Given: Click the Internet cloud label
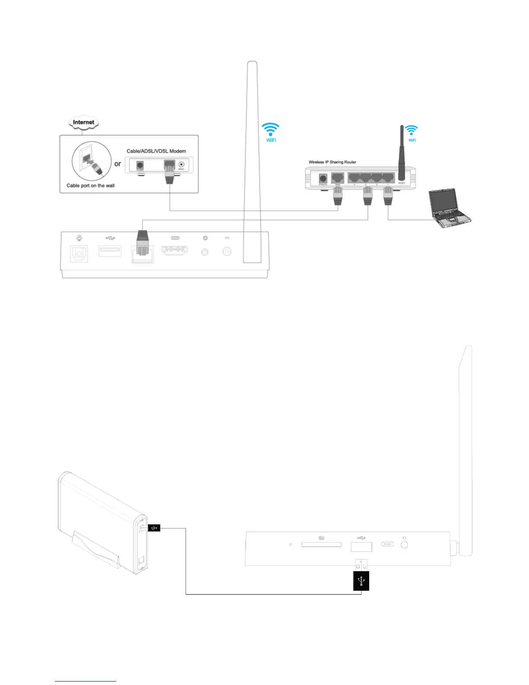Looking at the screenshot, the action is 83,122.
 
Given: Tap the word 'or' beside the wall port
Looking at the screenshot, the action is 118,164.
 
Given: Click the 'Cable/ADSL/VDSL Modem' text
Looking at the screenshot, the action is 156,151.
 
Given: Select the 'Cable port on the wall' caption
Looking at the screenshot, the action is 90,186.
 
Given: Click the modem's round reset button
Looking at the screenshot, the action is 181,164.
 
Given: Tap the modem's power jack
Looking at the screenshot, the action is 140,165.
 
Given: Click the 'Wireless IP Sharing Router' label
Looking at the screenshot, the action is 332,162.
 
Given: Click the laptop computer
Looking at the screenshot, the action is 448,208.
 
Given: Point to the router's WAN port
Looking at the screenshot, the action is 337,178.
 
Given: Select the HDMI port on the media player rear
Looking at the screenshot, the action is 175,250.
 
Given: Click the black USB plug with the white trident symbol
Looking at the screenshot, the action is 361,580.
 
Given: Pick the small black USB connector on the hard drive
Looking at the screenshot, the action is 154,528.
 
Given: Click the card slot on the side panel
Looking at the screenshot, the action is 321,544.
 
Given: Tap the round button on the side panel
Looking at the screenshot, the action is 405,545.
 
